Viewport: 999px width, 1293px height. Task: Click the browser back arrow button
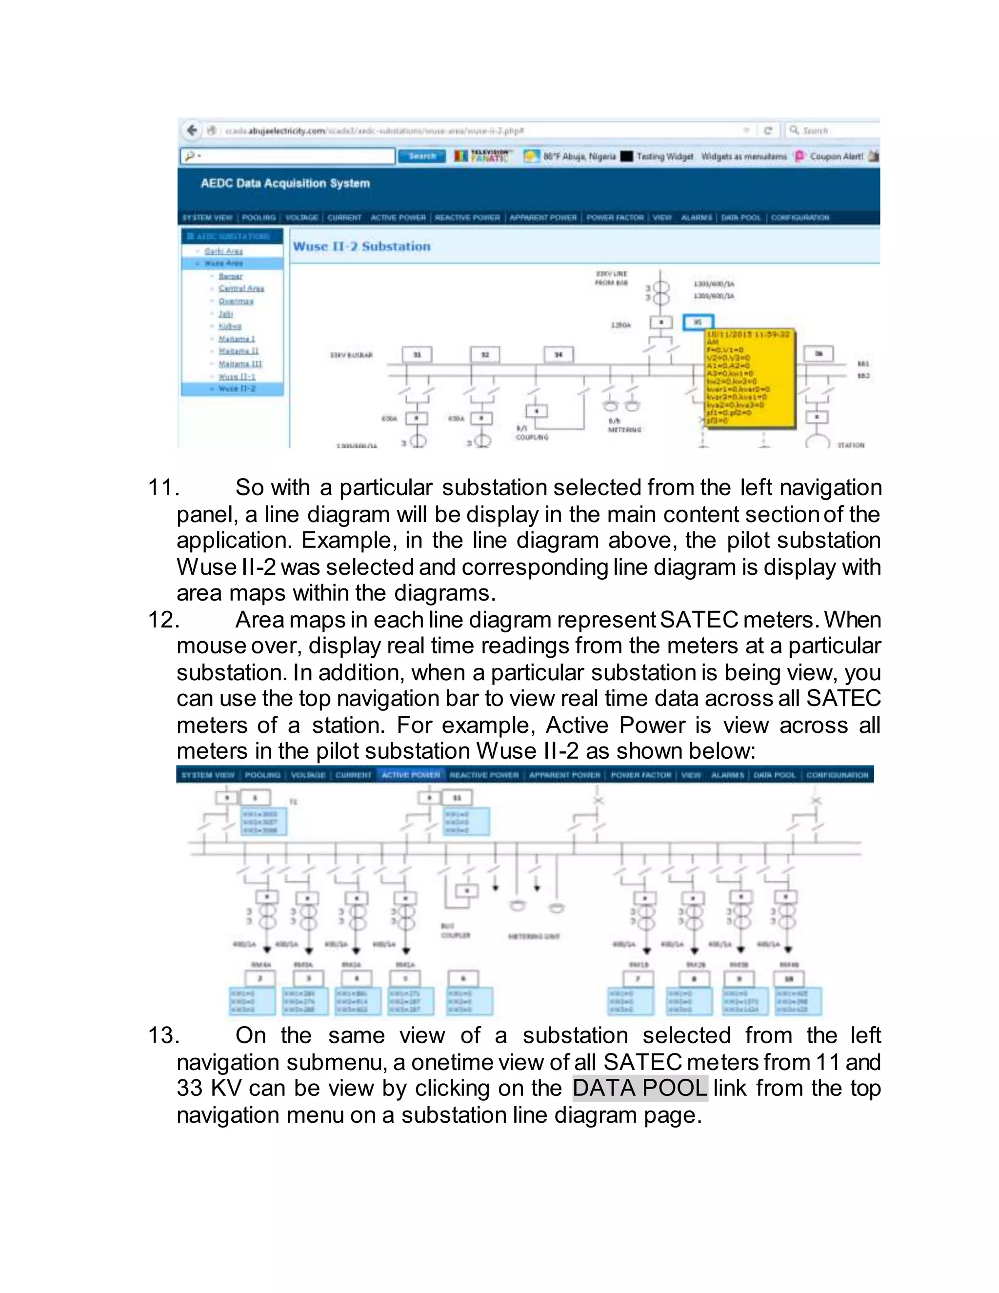(x=192, y=130)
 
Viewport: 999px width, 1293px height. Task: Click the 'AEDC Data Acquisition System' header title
(x=285, y=183)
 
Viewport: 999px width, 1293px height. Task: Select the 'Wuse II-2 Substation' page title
(x=361, y=246)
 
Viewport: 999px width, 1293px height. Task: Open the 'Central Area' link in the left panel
(x=241, y=288)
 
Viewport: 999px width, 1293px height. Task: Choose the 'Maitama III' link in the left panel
(x=240, y=364)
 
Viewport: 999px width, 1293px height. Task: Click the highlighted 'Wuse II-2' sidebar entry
(x=237, y=389)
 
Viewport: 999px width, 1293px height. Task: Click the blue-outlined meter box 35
(x=699, y=323)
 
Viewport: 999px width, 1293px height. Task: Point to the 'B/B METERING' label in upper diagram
(x=624, y=425)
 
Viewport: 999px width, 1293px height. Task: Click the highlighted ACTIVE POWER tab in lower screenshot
(x=411, y=775)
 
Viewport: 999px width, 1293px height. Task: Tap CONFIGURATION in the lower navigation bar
(x=837, y=775)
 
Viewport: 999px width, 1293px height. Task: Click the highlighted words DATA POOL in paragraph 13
(x=640, y=1088)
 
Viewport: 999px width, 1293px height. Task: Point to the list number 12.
(x=163, y=620)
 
